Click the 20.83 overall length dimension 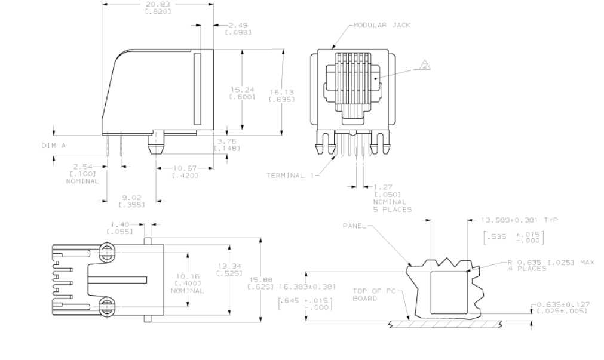tap(158, 5)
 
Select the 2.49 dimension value tap(238, 26)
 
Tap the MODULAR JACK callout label tap(382, 26)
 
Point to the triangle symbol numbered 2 tap(425, 65)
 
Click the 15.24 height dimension tap(243, 90)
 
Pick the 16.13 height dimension tap(281, 92)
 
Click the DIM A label tap(54, 146)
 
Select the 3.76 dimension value tap(227, 141)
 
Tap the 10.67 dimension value tap(185, 168)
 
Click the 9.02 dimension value tap(132, 198)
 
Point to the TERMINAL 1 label tap(290, 176)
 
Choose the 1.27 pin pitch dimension tap(383, 187)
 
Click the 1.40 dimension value tap(120, 224)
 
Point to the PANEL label tap(354, 226)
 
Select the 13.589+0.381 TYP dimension tap(519, 220)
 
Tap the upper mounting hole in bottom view tap(107, 252)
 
